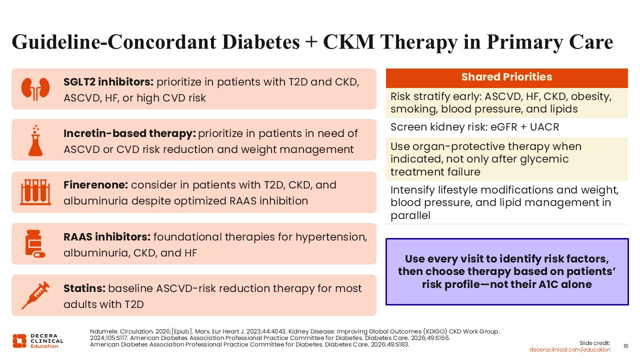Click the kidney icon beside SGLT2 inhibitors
click(35, 89)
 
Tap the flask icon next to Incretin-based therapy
click(35, 140)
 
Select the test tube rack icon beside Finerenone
click(35, 192)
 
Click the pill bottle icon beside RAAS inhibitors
click(35, 243)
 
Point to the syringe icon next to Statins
click(35, 295)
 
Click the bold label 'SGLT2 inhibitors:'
click(108, 82)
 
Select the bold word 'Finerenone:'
click(95, 185)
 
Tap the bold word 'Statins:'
click(84, 288)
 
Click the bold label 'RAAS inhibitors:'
click(107, 237)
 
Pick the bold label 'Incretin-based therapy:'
click(129, 133)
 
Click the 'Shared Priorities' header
click(506, 77)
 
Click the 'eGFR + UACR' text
click(524, 127)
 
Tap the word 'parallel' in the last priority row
click(410, 215)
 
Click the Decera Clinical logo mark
click(19, 341)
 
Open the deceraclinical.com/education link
click(569, 349)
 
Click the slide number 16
click(625, 346)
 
